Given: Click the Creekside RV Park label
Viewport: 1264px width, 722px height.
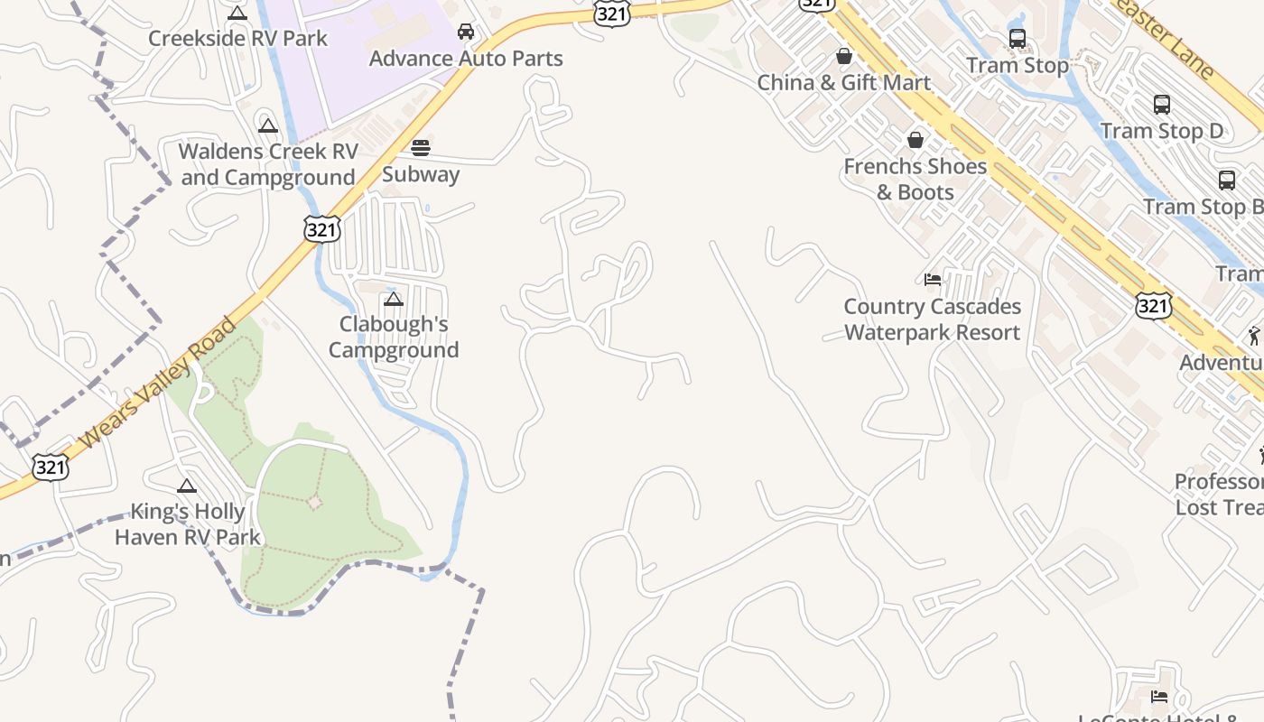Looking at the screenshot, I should point(237,39).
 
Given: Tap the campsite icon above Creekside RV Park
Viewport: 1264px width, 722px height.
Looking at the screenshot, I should point(237,13).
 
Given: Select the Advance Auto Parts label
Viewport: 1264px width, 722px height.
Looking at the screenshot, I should point(466,59).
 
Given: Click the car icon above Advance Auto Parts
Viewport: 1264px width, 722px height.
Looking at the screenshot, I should point(466,32).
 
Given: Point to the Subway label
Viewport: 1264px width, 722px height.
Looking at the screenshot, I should point(421,174).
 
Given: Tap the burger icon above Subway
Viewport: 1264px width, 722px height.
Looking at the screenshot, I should point(421,148).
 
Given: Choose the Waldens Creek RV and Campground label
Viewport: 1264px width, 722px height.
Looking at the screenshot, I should point(268,164).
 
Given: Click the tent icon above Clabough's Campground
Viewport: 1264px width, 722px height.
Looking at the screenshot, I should point(394,299).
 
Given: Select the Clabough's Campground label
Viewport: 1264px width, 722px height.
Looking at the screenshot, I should point(394,337).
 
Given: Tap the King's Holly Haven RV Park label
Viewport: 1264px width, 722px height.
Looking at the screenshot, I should point(187,524).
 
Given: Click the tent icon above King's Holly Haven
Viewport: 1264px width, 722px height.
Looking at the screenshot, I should point(187,486).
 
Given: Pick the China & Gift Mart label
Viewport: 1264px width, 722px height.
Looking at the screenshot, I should point(844,83).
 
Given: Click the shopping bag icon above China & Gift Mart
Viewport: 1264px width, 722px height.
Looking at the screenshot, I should point(844,56).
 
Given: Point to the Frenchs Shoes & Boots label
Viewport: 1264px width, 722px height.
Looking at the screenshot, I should point(915,180).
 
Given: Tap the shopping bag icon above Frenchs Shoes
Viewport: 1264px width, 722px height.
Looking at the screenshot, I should point(915,140).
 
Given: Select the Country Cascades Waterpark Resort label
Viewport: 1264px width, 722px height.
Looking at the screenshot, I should point(933,319).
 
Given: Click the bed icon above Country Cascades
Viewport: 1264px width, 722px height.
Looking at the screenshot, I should point(933,280).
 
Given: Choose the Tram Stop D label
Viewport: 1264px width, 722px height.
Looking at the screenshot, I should point(1162,131).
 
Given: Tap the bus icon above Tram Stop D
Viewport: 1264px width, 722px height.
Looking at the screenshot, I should point(1162,105).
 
